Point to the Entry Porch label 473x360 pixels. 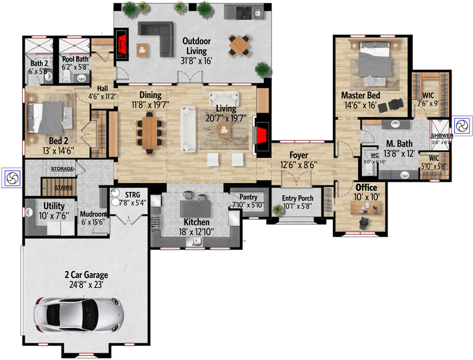coord(297,198)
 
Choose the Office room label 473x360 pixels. coord(366,188)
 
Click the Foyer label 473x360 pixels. coord(298,156)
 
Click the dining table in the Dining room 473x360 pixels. coord(150,132)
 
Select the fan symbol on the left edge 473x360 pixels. coord(11,178)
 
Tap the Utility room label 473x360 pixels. coord(54,205)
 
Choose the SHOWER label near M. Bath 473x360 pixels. coord(441,136)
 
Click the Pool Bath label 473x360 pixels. coord(76,59)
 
